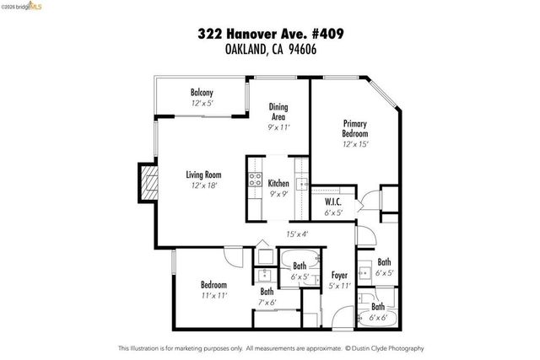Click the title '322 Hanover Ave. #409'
(270, 34)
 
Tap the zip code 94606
(309, 49)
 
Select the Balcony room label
(201, 93)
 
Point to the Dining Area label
(278, 111)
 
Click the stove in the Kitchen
(253, 179)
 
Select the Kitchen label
(278, 184)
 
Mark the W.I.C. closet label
(332, 202)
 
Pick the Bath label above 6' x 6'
(378, 307)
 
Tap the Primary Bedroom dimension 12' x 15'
(355, 144)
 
